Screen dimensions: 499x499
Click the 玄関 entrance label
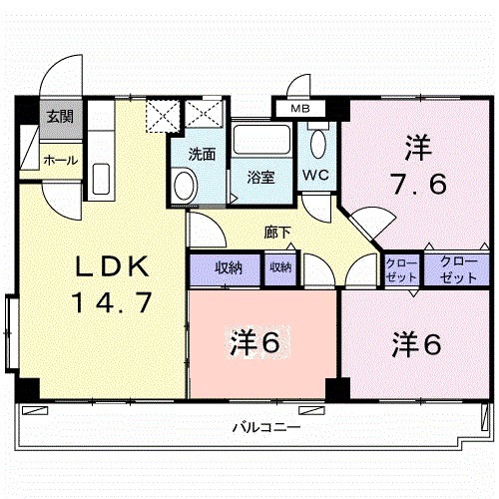point(58,117)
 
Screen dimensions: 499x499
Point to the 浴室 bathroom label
point(261,177)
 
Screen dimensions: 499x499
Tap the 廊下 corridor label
point(278,233)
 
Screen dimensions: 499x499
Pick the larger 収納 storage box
point(228,267)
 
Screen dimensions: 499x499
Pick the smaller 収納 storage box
point(279,267)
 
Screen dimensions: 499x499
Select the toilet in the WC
point(317,143)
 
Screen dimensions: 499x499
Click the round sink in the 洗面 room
point(183,185)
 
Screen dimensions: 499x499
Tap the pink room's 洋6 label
point(255,342)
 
